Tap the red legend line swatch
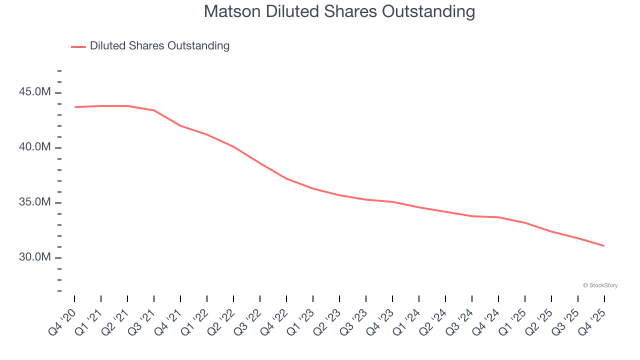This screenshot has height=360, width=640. coord(78,46)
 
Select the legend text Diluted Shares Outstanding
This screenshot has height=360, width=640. coord(159,46)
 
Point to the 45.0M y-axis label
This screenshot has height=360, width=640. coord(35,92)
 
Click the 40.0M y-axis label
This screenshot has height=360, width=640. coord(35,147)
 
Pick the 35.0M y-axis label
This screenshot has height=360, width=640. coord(35,202)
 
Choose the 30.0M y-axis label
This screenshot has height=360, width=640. coord(35,257)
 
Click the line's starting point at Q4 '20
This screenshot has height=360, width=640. coord(75,107)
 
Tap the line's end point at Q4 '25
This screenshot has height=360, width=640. coord(604,245)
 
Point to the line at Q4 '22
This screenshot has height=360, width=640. coord(286,178)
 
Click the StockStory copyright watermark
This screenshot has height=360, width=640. coord(600,285)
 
